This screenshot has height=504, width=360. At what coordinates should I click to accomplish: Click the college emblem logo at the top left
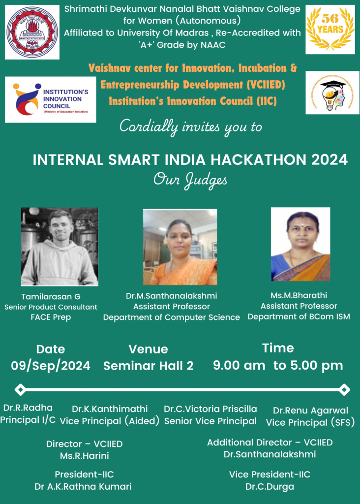coord(32,32)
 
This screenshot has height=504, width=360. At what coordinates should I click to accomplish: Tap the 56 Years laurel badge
coord(330,30)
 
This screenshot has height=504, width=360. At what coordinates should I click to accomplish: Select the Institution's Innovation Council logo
coord(51,99)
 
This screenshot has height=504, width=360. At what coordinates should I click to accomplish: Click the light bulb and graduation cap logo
coord(332,93)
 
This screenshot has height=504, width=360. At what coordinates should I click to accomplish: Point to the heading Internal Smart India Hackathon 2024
coord(190,160)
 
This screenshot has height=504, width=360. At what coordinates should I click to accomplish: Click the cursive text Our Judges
coord(190,181)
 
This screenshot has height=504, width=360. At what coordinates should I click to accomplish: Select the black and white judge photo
coord(60,247)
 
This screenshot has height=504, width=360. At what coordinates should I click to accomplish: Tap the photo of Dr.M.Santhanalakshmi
coord(180,247)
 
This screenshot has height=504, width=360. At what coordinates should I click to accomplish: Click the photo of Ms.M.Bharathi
coord(300,244)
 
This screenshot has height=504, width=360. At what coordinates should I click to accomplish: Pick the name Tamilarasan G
coord(51,297)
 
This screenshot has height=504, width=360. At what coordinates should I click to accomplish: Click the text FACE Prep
coord(51,317)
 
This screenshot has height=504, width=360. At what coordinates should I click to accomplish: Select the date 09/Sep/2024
coord(51,366)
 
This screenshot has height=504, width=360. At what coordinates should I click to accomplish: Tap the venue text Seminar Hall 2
coord(149,366)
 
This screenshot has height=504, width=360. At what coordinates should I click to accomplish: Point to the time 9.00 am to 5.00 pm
coord(278,366)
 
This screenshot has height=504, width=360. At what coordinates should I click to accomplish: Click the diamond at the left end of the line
coord(20,390)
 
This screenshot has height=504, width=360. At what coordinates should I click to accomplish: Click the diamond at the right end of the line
coord(344,390)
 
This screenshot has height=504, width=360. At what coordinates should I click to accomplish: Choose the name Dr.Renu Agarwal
coord(310,410)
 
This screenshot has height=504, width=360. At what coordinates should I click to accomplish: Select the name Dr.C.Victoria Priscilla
coord(210,409)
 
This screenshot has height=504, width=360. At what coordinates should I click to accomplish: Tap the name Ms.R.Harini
coord(85,456)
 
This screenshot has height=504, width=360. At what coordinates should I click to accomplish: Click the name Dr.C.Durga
coord(270,487)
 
